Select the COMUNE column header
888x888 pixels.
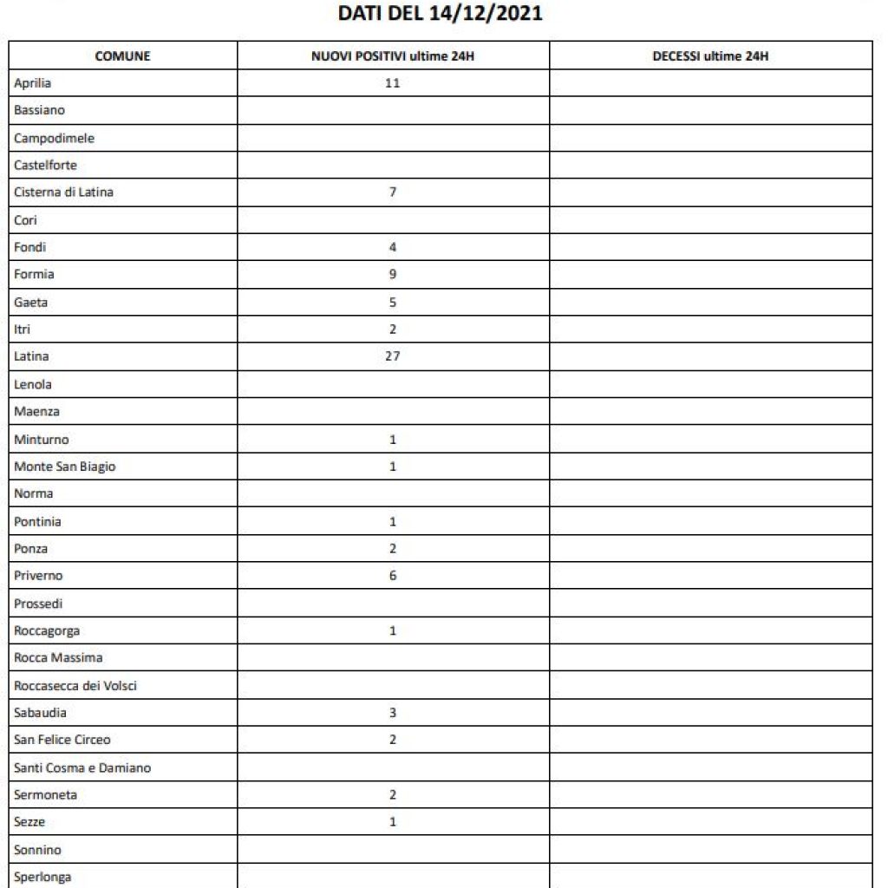pos(122,56)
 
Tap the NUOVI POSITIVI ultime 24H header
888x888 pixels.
pos(393,56)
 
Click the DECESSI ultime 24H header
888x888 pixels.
pos(710,56)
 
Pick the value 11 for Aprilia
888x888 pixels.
pos(393,83)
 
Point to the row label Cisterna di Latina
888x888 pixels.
pos(63,193)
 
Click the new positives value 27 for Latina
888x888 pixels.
pos(393,356)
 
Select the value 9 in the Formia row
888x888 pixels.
pos(393,275)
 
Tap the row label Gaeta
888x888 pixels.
pos(31,302)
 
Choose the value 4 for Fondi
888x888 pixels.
pos(393,247)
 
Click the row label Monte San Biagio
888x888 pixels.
pos(64,467)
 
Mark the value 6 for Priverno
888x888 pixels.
pos(393,576)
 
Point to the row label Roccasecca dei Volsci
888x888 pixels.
pos(75,686)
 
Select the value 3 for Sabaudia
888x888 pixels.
pos(393,713)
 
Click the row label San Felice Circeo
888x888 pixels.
pos(62,740)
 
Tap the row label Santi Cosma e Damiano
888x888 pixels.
pos(82,767)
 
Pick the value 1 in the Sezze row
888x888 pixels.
pos(393,822)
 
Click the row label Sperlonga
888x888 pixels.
pos(42,877)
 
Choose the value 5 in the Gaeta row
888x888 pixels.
pos(393,302)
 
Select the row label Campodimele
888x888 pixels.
pos(55,138)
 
